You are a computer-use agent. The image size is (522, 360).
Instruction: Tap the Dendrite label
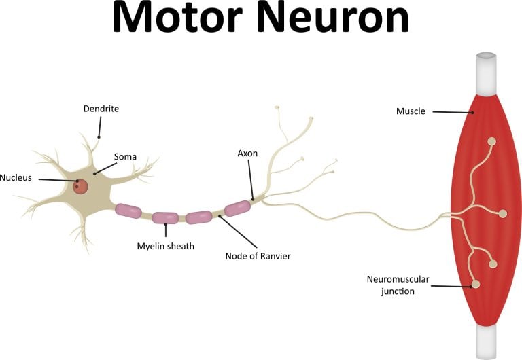[x=101, y=108]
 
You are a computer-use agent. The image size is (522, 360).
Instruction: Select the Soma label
[x=125, y=157]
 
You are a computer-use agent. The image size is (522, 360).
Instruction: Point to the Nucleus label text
[x=16, y=178]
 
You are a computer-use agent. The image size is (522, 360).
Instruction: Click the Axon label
[x=247, y=154]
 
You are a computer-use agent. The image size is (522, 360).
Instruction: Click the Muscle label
[x=411, y=111]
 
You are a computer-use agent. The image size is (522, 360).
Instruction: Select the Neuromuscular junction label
[x=398, y=285]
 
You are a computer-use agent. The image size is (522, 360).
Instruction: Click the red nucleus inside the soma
[x=81, y=185]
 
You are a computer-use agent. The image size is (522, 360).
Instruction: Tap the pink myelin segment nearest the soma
[x=128, y=211]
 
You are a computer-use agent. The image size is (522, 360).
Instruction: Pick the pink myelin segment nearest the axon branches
[x=238, y=208]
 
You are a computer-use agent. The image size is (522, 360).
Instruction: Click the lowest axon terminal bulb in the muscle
[x=476, y=284]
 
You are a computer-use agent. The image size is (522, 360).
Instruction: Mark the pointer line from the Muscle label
[x=452, y=112]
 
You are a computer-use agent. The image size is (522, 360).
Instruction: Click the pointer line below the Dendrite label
[x=99, y=127]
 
